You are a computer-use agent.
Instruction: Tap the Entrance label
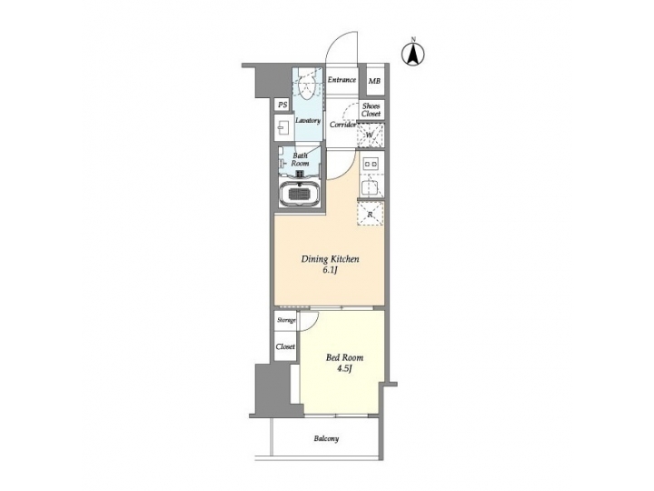click(342, 80)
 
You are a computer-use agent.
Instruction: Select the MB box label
click(374, 81)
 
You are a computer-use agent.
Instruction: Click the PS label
click(282, 105)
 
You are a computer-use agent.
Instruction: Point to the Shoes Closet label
click(372, 109)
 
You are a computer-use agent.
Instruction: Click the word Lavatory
click(307, 120)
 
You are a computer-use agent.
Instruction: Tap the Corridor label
click(342, 124)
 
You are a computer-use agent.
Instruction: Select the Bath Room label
click(300, 159)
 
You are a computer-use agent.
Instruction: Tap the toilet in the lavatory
click(309, 88)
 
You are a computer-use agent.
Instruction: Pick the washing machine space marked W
click(370, 135)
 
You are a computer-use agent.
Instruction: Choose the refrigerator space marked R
click(371, 213)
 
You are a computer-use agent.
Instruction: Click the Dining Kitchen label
click(331, 260)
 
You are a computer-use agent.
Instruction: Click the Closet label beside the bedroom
click(285, 346)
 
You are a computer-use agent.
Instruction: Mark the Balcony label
click(327, 439)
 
